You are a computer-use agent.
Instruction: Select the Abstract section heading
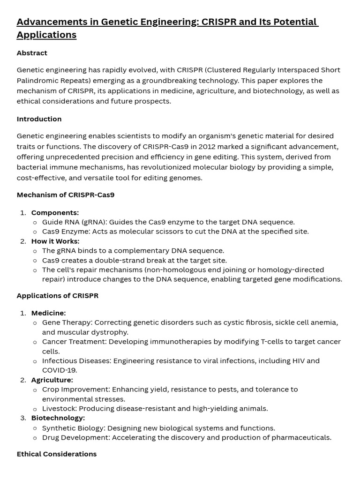[32, 53]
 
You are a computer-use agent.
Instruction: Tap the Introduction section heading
[39, 119]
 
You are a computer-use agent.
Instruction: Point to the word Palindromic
[38, 80]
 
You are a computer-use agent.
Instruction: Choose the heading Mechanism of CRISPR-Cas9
[65, 195]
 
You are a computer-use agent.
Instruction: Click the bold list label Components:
[55, 213]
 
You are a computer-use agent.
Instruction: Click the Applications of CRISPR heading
[57, 296]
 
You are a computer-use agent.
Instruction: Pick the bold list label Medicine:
[48, 313]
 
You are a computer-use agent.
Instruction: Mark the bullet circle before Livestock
[35, 409]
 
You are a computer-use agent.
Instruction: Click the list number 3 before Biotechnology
[23, 418]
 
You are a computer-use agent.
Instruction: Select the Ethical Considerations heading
[56, 454]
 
